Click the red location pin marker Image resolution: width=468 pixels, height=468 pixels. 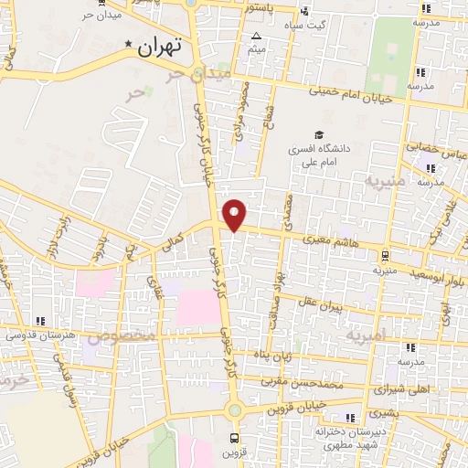[x=236, y=215]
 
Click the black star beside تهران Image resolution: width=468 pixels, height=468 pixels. [x=129, y=43]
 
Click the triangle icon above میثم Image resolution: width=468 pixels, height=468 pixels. [x=255, y=37]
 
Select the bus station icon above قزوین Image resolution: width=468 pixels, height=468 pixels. [x=235, y=438]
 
